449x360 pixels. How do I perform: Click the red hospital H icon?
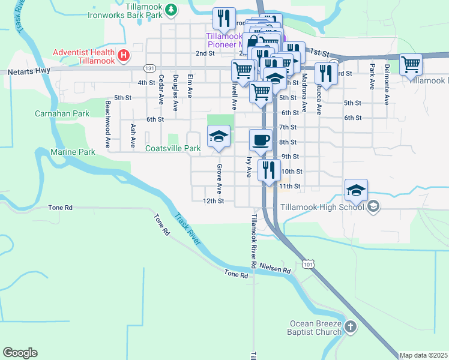pyautogui.click(x=124, y=56)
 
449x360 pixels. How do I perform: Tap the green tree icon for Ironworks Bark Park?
pyautogui.click(x=171, y=9)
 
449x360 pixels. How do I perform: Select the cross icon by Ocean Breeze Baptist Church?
pyautogui.click(x=351, y=327)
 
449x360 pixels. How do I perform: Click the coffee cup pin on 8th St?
pyautogui.click(x=260, y=140)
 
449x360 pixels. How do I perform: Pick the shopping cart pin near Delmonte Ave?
pyautogui.click(x=411, y=64)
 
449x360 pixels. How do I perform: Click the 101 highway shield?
pyautogui.click(x=308, y=263)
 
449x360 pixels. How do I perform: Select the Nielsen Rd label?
pyautogui.click(x=275, y=271)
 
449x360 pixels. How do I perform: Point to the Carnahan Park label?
pyautogui.click(x=62, y=113)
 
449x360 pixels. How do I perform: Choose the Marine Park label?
pyautogui.click(x=73, y=152)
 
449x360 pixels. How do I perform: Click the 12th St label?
pyautogui.click(x=213, y=201)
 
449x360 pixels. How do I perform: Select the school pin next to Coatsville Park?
pyautogui.click(x=218, y=137)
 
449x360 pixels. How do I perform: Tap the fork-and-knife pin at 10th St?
pyautogui.click(x=269, y=169)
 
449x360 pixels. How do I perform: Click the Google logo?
pyautogui.click(x=20, y=352)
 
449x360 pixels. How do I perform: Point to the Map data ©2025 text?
pyautogui.click(x=423, y=355)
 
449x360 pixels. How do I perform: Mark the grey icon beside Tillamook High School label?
pyautogui.click(x=373, y=207)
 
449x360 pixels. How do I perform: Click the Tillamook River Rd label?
pyautogui.click(x=254, y=241)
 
